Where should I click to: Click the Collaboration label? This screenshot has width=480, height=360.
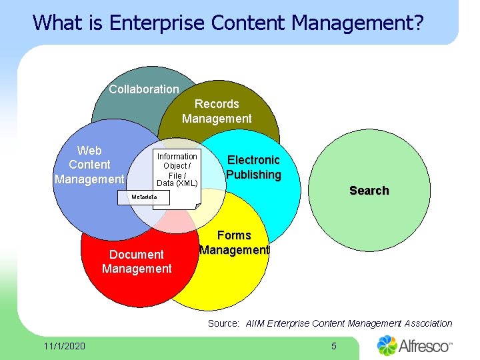[x=144, y=89]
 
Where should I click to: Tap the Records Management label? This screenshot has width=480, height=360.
[x=217, y=111]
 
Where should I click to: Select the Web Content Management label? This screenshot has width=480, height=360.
[x=89, y=165]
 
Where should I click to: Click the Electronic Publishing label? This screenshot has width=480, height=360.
[x=253, y=167]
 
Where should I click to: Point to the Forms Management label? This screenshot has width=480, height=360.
[x=234, y=243]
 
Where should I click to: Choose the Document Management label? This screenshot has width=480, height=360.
[x=137, y=261]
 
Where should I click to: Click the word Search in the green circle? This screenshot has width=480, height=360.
[x=369, y=191]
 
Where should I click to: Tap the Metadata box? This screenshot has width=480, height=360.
[x=145, y=197]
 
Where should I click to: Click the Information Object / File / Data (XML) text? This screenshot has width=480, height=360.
[x=177, y=170]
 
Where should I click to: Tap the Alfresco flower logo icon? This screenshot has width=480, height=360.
[x=387, y=345]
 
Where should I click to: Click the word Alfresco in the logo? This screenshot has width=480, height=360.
[x=423, y=346]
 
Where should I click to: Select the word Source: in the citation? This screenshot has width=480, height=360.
[x=223, y=323]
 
